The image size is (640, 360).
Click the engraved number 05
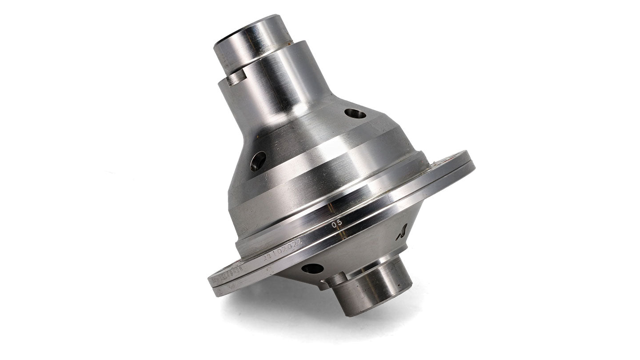click(337, 224)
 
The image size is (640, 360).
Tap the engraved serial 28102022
click(283, 249)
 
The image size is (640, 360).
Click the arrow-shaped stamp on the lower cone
click(402, 232)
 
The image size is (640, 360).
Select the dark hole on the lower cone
click(312, 268)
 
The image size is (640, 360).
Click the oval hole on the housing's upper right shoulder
click(355, 114)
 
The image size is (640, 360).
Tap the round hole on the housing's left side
click(258, 161)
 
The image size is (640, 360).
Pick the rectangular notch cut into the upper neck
click(235, 79)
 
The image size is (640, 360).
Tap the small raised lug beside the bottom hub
click(336, 280)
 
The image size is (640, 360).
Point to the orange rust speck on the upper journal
click(289, 44)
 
